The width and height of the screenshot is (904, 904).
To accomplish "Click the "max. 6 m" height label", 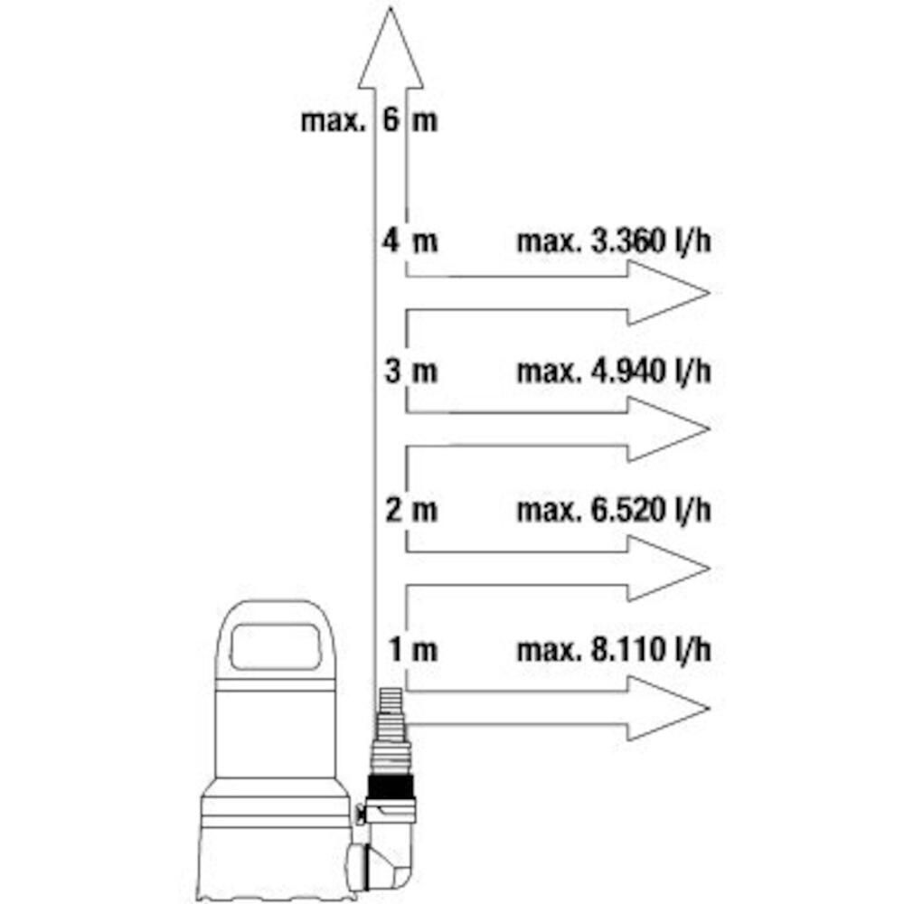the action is point(369,120).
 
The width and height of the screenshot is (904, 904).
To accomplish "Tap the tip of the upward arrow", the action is point(391,7).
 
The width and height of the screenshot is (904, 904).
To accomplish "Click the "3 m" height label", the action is point(411,370).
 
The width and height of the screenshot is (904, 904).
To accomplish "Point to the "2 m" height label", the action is point(411,510).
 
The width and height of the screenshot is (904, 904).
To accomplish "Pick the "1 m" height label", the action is point(413,649).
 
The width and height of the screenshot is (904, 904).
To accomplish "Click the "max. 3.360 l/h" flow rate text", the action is point(614,241).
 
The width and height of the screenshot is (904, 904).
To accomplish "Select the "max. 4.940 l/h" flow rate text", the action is point(614,372).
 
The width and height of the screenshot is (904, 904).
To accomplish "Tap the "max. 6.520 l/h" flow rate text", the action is point(614,511).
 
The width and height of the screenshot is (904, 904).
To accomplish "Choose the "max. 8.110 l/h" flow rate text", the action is point(614,650).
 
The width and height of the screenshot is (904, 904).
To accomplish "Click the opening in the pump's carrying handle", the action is point(275,646).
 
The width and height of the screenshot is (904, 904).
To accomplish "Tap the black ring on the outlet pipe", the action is point(391,786).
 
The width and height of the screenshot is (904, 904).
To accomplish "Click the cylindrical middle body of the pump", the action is point(276,732).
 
